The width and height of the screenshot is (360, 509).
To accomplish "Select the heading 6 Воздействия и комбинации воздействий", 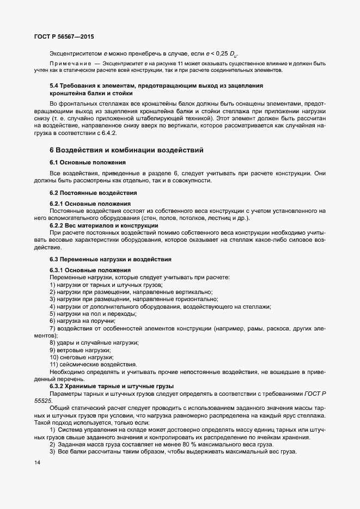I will tap(126, 150).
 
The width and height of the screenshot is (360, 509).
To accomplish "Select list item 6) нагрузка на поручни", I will tap(82, 321).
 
